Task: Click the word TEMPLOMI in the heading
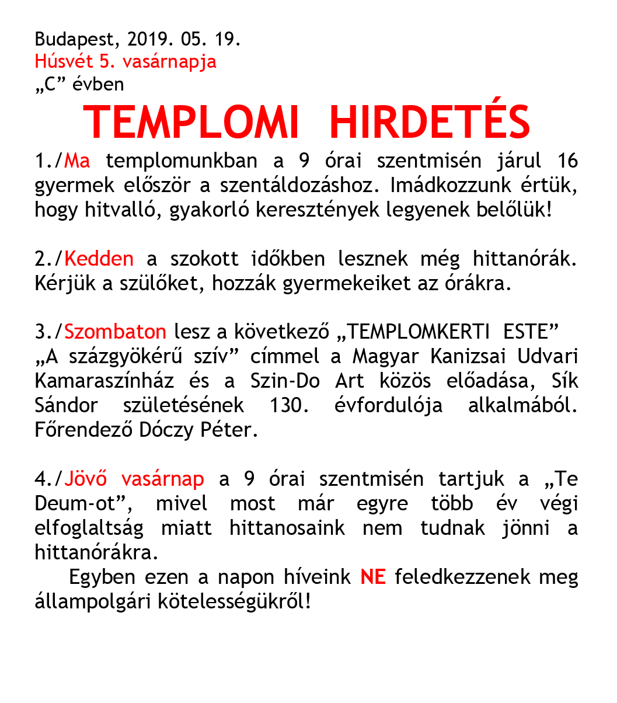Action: tap(191, 123)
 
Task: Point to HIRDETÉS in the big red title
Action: tap(430, 123)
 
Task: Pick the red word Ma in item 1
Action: tap(78, 161)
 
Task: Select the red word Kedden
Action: tap(99, 258)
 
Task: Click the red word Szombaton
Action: tap(115, 332)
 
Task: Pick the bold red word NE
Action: tap(373, 577)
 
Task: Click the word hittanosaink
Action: tap(287, 528)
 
